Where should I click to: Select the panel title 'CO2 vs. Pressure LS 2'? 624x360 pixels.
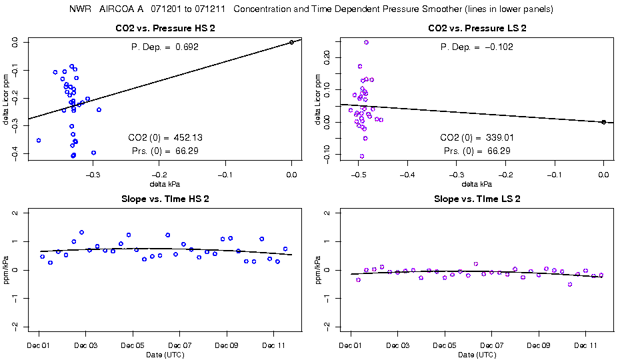477,29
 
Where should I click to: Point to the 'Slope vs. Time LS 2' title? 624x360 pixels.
477,199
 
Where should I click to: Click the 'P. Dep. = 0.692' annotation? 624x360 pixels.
164,47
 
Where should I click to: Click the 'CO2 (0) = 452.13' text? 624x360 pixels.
164,137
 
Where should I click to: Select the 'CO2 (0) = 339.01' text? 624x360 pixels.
476,137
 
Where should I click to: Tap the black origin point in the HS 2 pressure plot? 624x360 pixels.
291,42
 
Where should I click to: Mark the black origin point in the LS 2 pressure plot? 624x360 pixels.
603,122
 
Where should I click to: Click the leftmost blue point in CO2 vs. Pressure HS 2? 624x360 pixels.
39,140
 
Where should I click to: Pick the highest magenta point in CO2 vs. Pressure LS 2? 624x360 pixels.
366,42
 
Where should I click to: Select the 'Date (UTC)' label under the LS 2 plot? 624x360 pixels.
477,355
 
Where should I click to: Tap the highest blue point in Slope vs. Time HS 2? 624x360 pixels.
81,233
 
